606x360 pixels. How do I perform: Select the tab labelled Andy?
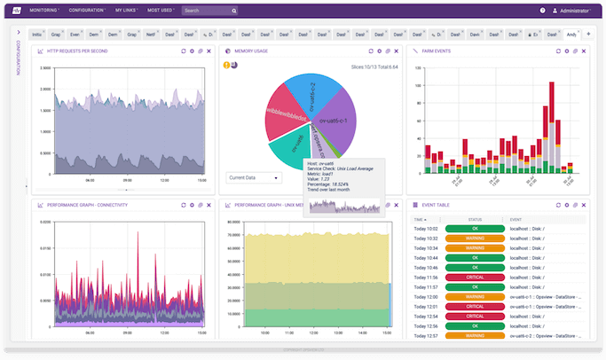571,34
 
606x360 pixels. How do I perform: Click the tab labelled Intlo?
36,34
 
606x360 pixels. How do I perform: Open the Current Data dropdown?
253,177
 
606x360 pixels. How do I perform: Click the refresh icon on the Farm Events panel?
557,51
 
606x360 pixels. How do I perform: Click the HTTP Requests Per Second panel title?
84,51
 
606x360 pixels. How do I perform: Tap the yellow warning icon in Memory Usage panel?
225,65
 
